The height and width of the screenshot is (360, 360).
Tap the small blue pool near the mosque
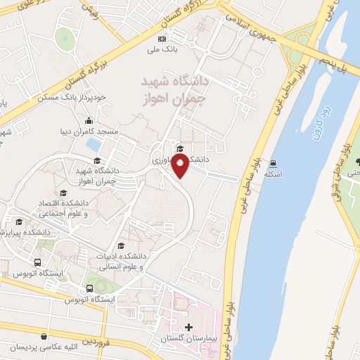click(x=92, y=145)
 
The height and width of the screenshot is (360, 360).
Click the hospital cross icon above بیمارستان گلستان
click(x=188, y=328)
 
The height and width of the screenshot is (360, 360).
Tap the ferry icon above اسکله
click(x=271, y=163)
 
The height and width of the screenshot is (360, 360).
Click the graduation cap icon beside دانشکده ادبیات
click(x=122, y=245)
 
